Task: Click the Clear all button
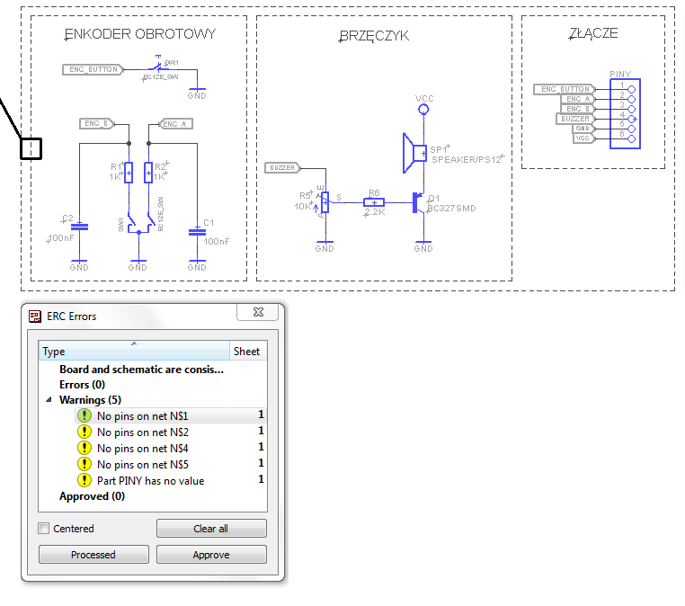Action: coord(211,529)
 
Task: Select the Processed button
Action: coord(93,555)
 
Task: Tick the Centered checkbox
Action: coord(44,529)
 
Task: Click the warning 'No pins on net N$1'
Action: coord(142,416)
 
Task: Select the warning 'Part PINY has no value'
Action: coord(150,481)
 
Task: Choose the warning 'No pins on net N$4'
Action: coord(142,449)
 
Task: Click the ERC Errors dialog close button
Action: coord(258,312)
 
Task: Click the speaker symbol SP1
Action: coord(414,154)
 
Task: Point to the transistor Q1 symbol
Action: coord(419,203)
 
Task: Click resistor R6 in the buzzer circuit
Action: coord(374,203)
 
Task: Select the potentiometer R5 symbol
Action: coord(325,203)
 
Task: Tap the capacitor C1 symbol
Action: coord(197,232)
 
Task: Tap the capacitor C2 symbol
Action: coord(79,227)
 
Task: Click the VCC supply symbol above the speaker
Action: coord(423,108)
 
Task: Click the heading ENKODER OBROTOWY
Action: coord(140,34)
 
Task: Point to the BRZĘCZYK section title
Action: coord(375,36)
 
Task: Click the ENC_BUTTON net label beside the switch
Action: coord(92,69)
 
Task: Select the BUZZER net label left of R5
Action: coord(284,168)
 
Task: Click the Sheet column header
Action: coord(246,352)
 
